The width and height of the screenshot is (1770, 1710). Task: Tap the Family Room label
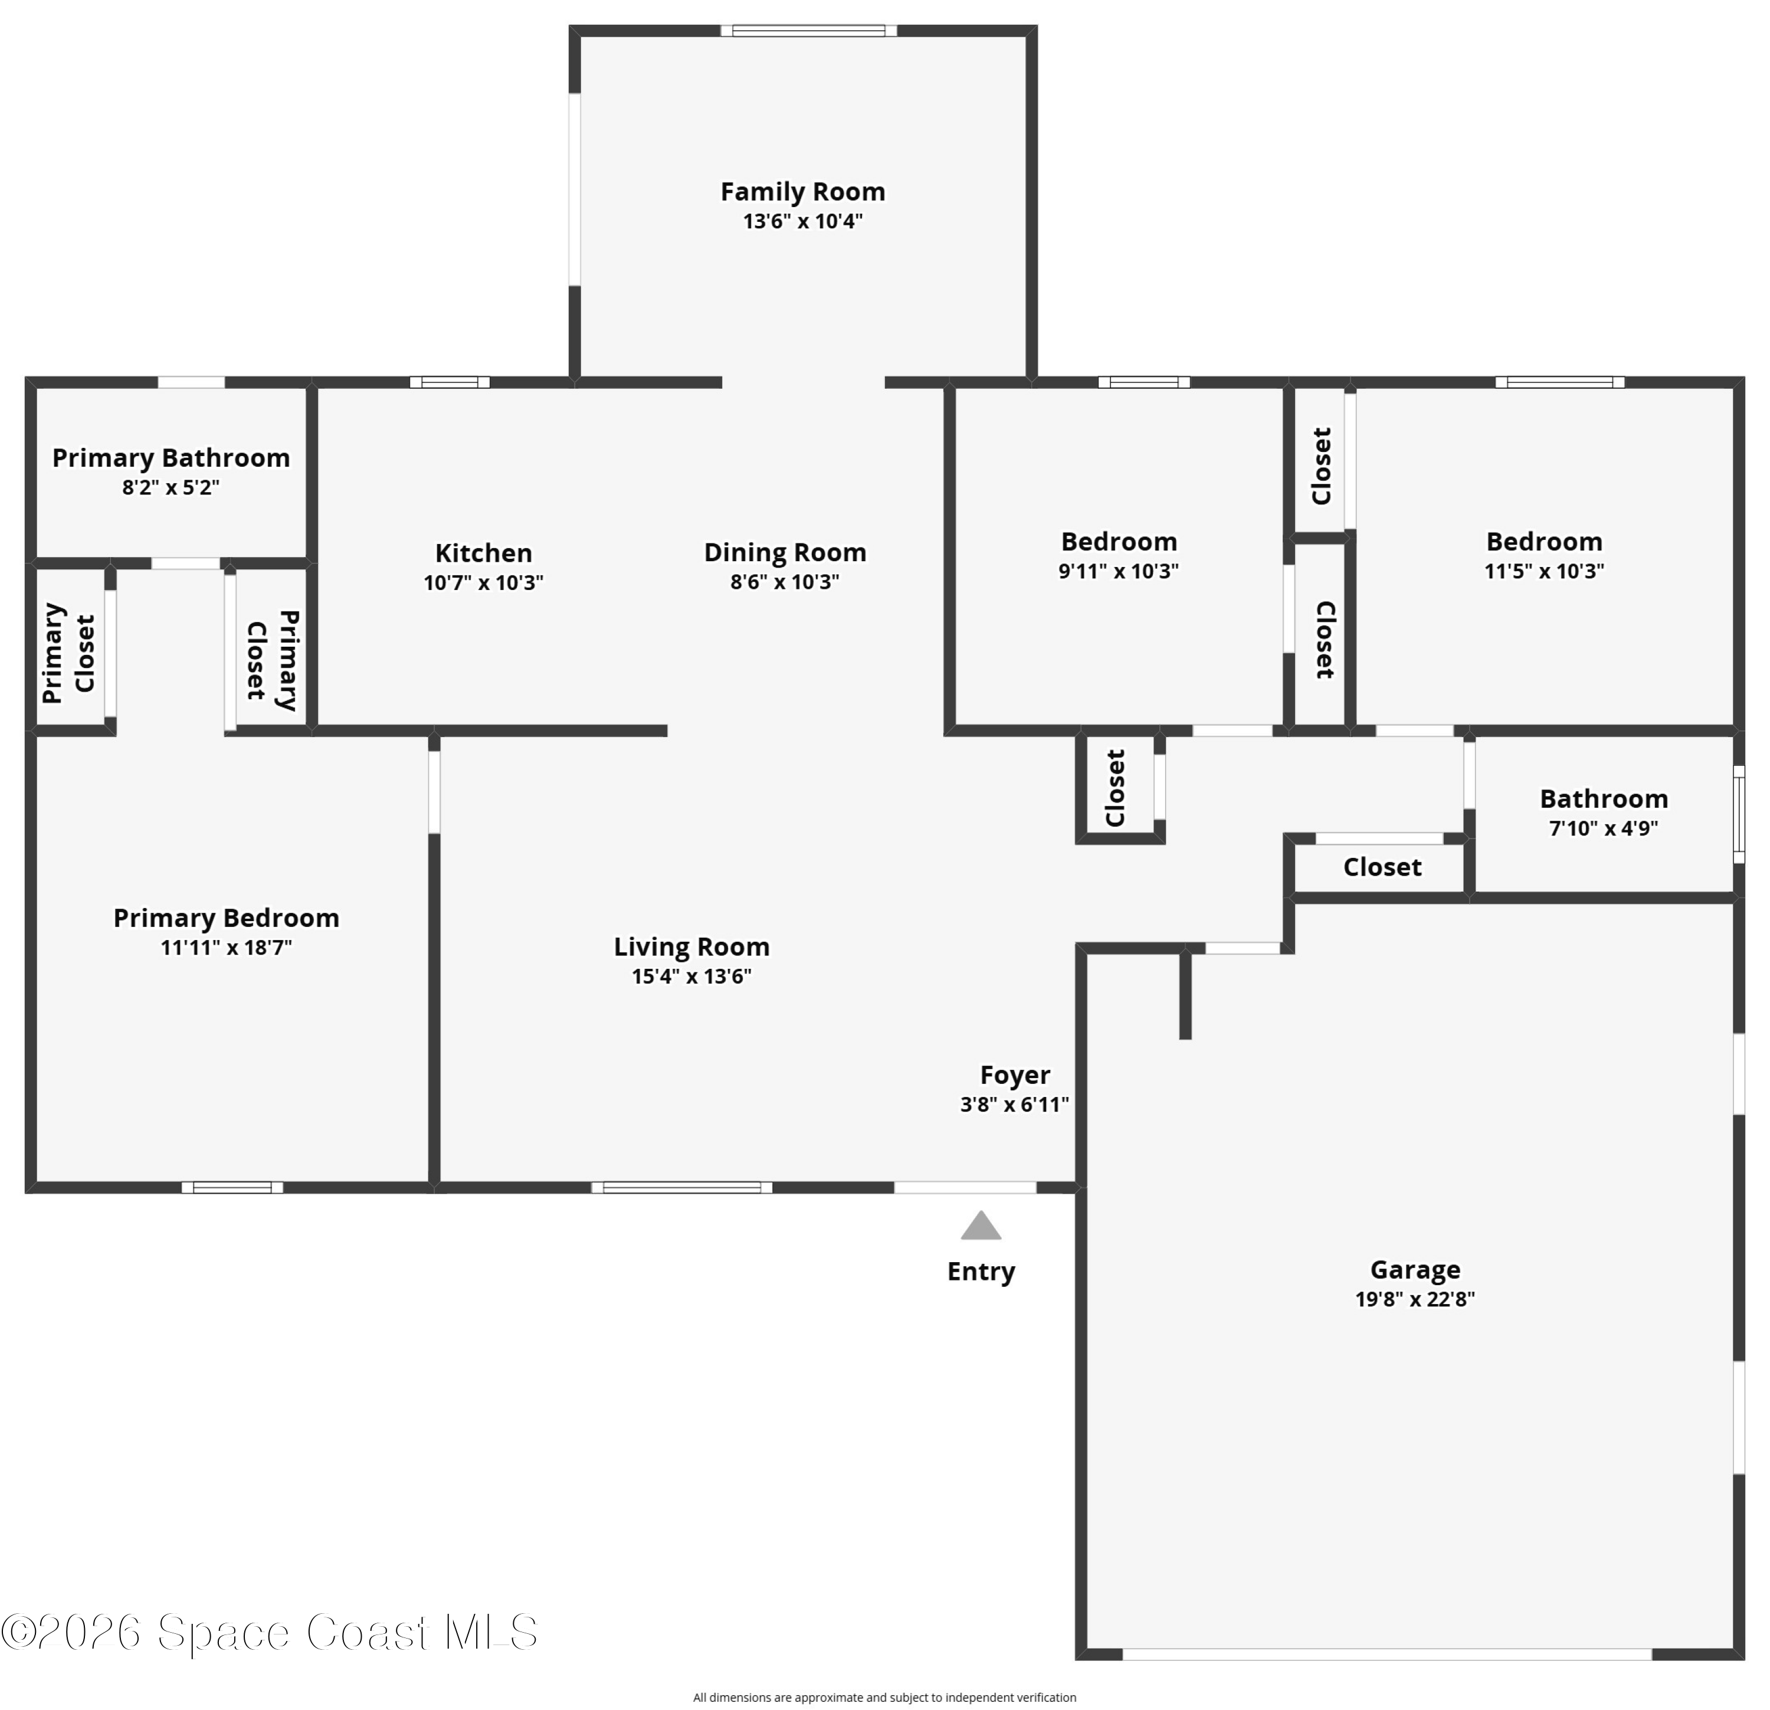[x=803, y=192]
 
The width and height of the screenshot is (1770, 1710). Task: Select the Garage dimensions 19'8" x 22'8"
[x=1415, y=1299]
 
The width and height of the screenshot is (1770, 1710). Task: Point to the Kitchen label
[x=484, y=553]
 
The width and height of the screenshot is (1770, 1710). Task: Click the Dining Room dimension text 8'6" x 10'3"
[x=785, y=582]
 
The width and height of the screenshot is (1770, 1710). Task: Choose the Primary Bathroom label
[x=172, y=458]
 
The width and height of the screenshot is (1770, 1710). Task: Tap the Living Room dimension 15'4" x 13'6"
[x=691, y=977]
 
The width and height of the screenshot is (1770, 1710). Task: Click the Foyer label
[x=1015, y=1075]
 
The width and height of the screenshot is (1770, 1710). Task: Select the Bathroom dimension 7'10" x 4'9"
[x=1604, y=828]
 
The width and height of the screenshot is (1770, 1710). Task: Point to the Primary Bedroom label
[x=227, y=918]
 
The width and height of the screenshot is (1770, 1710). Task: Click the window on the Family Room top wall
[x=808, y=31]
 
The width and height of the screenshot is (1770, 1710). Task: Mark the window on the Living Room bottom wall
[x=682, y=1187]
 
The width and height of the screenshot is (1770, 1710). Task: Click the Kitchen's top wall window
[x=450, y=382]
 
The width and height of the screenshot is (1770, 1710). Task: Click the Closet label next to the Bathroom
[x=1382, y=867]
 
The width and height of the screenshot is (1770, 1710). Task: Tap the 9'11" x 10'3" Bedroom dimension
[x=1119, y=571]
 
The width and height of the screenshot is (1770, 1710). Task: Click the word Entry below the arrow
[x=982, y=1272]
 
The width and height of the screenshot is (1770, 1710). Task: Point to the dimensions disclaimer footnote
[x=885, y=1698]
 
